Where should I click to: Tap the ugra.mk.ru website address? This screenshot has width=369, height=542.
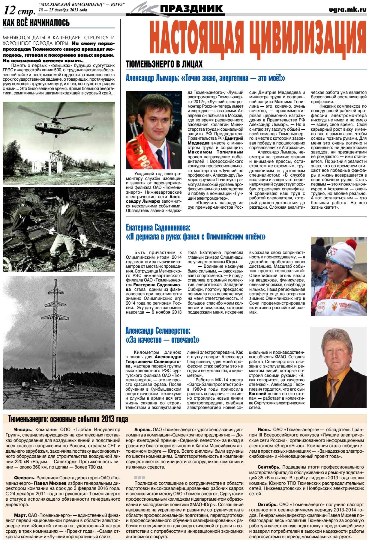[347, 10]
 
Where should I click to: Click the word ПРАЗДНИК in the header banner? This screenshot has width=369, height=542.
[192, 9]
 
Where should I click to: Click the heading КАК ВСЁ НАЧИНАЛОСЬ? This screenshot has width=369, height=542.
[36, 23]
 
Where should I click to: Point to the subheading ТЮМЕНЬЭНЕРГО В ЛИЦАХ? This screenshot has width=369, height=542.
[164, 64]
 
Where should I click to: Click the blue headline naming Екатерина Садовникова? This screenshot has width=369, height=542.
[158, 228]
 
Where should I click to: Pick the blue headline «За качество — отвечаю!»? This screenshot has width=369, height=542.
[162, 340]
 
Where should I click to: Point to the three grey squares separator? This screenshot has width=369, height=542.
[140, 478]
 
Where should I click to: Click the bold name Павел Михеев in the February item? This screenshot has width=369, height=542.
[48, 483]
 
